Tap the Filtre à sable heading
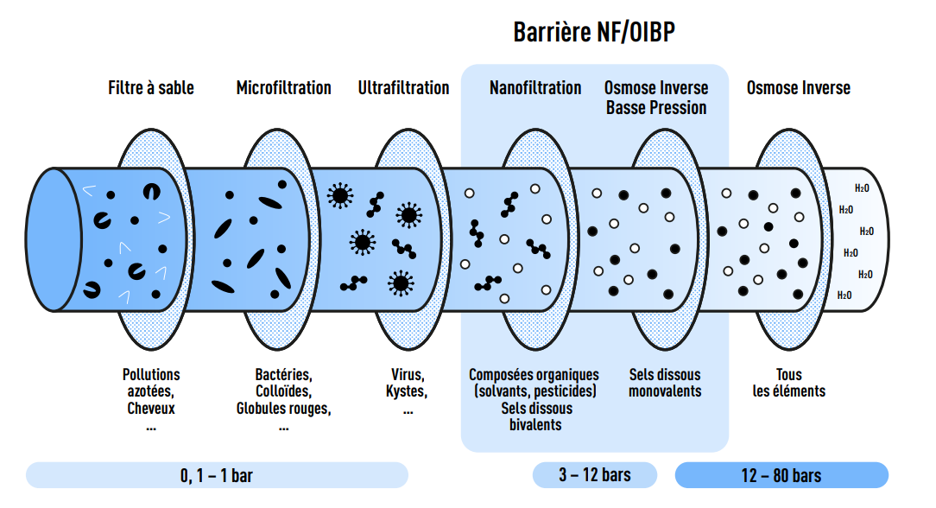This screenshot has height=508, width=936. (151, 88)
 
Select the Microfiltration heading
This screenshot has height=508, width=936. (283, 88)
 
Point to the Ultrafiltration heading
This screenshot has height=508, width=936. (403, 88)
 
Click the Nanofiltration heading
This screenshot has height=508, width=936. (535, 88)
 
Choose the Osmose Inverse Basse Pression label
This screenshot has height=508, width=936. (656, 98)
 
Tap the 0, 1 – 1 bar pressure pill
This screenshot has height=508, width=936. (217, 475)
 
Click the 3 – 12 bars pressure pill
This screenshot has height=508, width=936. (594, 475)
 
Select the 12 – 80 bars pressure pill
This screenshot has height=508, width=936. (781, 475)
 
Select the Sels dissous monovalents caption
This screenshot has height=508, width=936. (665, 383)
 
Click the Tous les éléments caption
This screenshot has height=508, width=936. (788, 383)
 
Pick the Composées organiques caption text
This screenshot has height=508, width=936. (534, 375)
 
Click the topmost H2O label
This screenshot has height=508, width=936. (862, 187)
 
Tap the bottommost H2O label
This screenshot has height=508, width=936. (844, 295)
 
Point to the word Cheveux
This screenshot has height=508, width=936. (151, 408)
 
